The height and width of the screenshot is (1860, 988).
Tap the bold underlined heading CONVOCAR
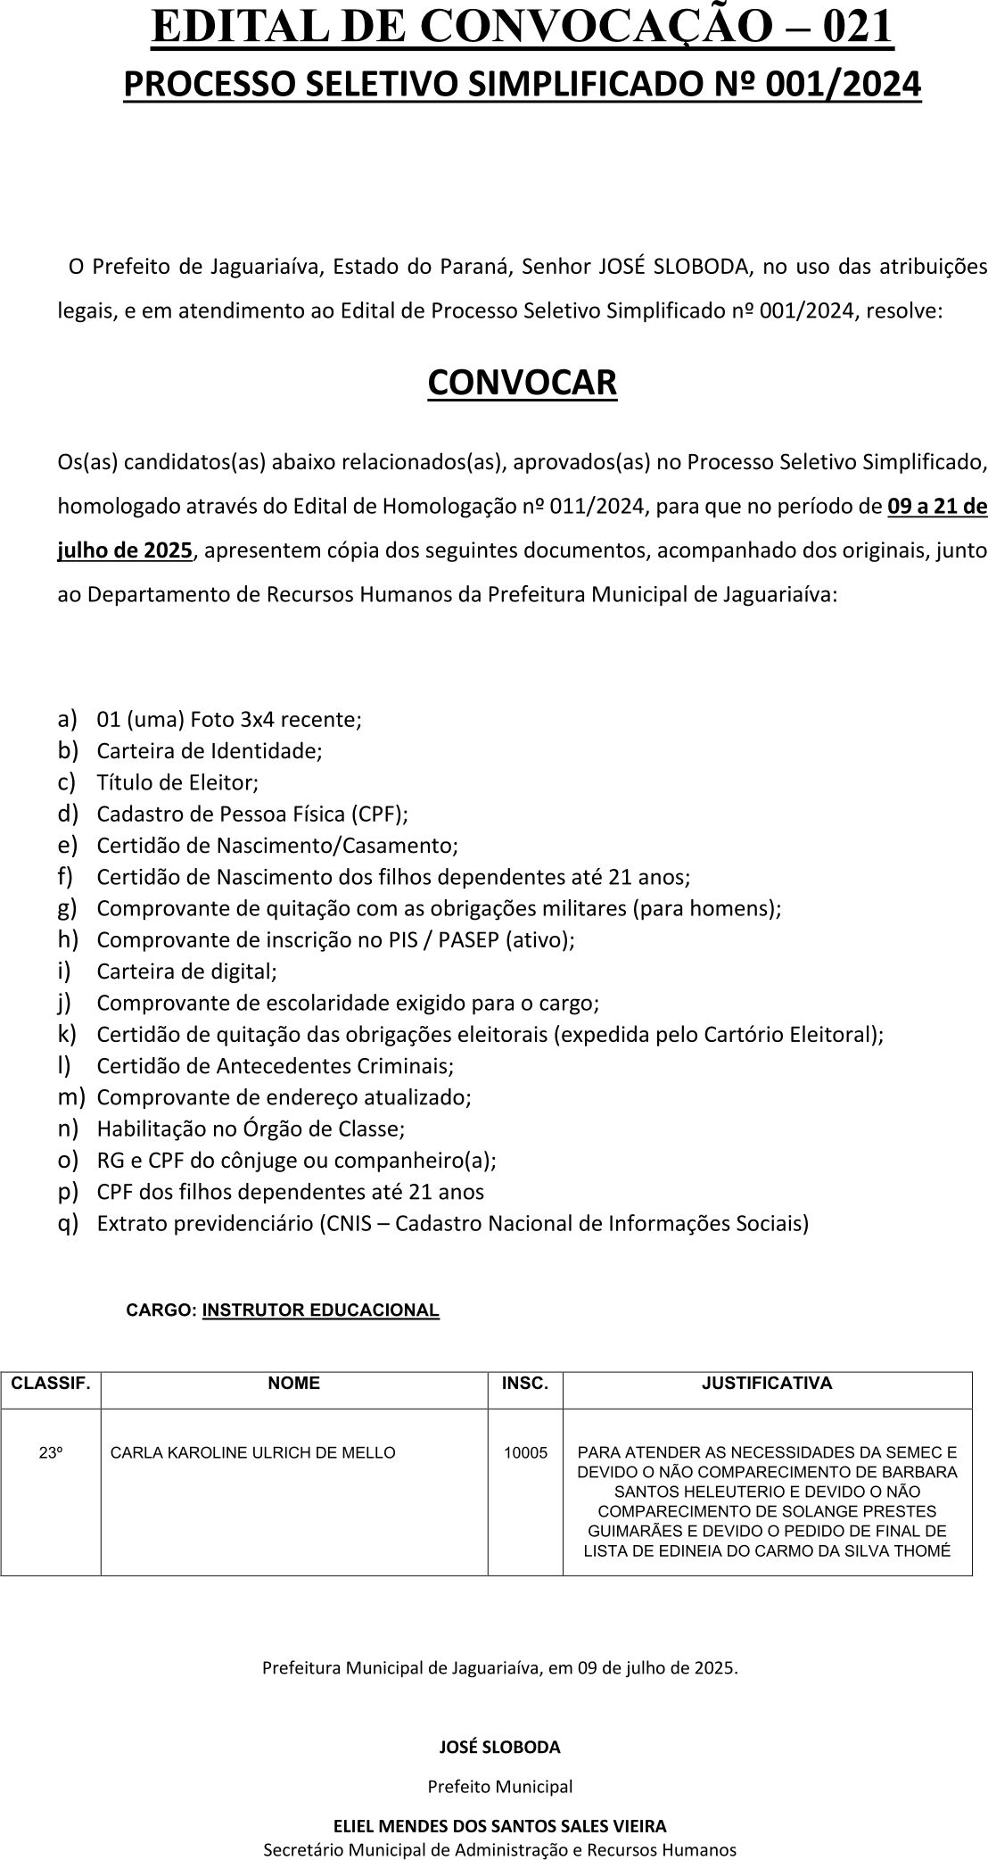522,382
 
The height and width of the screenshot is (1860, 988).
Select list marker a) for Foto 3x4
68,718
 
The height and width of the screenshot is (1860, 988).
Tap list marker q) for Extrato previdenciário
68,1222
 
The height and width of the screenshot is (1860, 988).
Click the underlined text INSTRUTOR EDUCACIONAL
321,1310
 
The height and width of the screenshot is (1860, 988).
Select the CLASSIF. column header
51,1384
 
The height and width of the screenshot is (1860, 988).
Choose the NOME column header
294,1384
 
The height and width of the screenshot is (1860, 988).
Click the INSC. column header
525,1384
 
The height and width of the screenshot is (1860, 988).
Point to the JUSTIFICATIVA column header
767,1384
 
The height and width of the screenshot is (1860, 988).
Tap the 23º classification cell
51,1453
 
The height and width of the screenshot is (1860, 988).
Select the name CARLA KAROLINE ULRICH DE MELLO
253,1453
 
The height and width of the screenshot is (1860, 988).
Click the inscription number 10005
525,1453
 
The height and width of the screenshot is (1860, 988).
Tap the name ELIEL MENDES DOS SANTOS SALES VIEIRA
499,1826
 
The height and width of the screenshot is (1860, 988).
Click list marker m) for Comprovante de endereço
70,1096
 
